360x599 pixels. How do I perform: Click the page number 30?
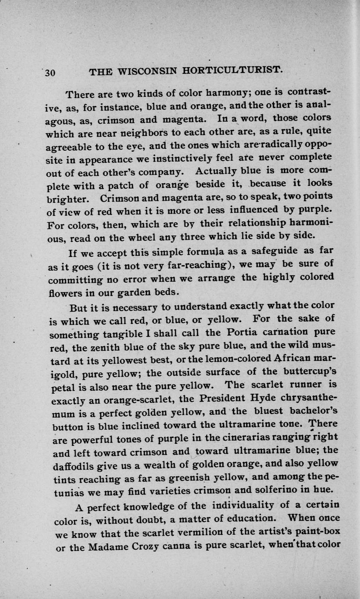click(50, 72)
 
